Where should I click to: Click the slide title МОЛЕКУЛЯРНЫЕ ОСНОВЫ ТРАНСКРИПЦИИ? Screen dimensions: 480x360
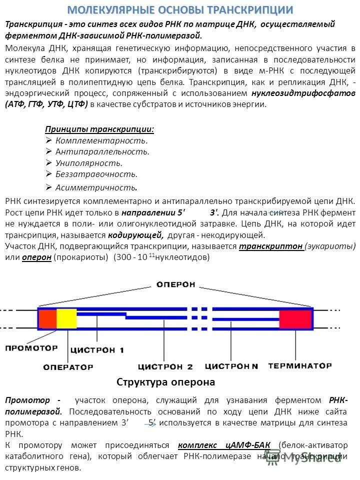180,10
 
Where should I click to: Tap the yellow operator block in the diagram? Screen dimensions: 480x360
66,318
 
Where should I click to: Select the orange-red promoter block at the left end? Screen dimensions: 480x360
47,318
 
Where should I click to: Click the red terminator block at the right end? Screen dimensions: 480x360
295,319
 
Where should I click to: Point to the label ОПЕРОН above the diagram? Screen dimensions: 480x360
176,284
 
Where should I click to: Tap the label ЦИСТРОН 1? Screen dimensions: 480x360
97,349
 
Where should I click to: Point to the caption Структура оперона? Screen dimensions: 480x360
165,382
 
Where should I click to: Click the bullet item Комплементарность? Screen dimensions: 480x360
101,140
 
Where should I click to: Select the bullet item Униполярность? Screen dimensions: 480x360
88,162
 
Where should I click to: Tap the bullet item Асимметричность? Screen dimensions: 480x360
96,187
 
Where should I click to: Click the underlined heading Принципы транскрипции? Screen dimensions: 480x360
99,129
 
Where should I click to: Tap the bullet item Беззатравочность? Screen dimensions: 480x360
96,174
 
